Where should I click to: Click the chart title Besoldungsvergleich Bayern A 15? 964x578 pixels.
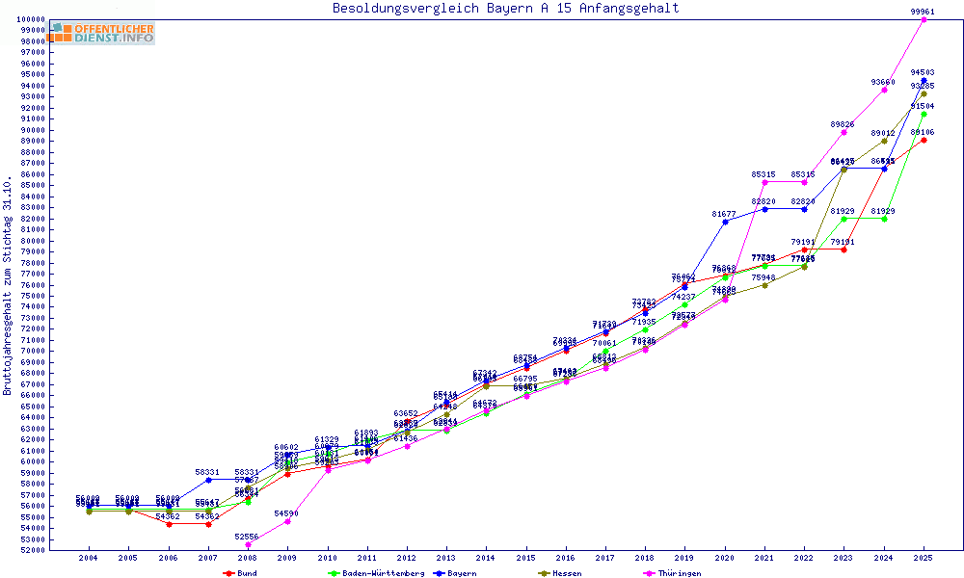coord(505,9)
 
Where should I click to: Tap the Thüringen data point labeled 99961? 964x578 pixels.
coord(924,19)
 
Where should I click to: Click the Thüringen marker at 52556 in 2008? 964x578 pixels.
coord(248,544)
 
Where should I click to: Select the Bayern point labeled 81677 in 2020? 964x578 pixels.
coord(725,222)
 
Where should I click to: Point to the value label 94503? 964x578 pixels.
coord(923,72)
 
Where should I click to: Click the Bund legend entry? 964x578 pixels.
coord(240,573)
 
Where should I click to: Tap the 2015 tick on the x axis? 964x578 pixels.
coord(525,557)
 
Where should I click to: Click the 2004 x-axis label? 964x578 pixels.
coord(89,557)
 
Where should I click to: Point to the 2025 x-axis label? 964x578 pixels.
coord(924,557)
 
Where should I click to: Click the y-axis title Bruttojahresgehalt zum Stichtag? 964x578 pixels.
coord(8,285)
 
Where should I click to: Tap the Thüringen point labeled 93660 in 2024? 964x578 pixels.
coord(884,90)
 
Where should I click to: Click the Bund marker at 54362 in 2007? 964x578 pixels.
coord(208,524)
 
